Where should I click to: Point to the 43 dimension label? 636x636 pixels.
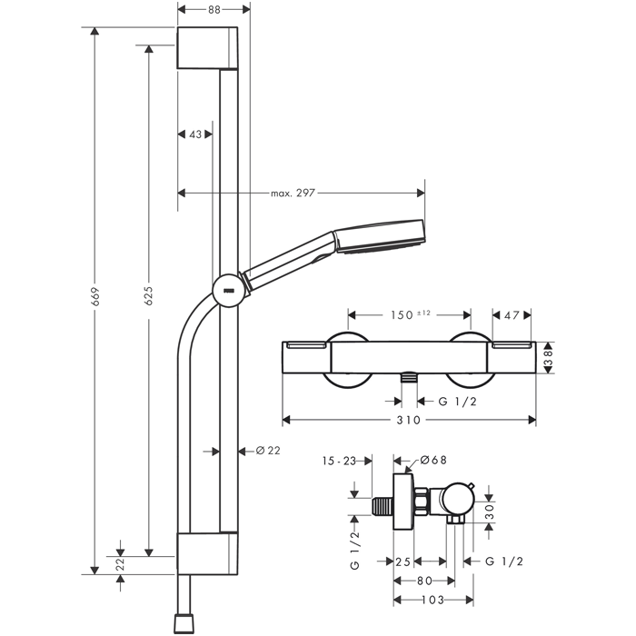click(x=194, y=134)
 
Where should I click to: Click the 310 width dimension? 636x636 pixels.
click(x=408, y=421)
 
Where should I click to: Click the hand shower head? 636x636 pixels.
click(x=381, y=239)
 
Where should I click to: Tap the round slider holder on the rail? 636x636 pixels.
click(x=226, y=291)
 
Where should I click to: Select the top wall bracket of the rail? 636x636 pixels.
click(x=208, y=46)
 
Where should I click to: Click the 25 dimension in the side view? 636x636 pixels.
click(x=405, y=561)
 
